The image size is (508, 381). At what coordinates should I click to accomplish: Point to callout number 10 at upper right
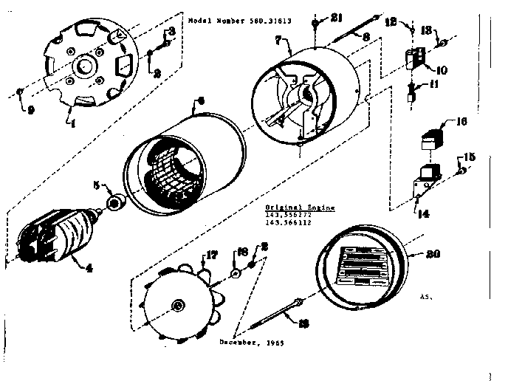[x=442, y=70]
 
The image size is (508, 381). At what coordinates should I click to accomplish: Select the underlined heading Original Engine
[x=299, y=208]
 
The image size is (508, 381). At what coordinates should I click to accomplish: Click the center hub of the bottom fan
[x=177, y=306]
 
